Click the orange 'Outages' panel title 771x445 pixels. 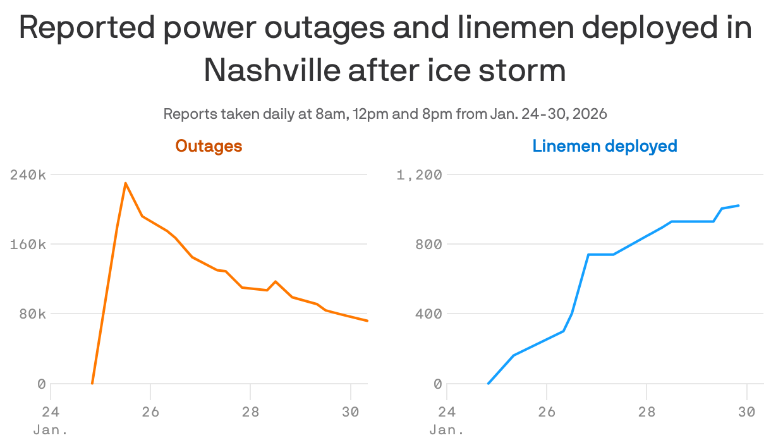(209, 146)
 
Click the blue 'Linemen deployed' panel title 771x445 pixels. (604, 146)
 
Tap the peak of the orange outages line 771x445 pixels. (126, 183)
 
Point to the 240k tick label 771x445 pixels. (28, 175)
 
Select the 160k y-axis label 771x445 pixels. (28, 245)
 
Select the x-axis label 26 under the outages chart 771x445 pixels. (150, 411)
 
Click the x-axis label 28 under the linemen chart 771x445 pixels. (647, 411)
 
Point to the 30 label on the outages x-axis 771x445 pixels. (350, 411)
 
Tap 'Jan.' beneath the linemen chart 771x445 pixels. (447, 430)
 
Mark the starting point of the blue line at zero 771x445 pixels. (489, 384)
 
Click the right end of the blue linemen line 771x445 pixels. (739, 205)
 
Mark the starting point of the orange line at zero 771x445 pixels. (92, 384)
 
